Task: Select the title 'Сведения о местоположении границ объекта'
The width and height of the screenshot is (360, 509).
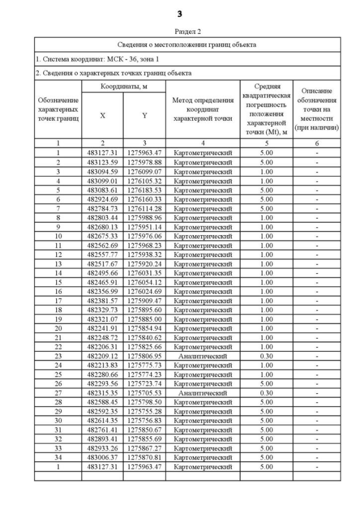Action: [x=187, y=44]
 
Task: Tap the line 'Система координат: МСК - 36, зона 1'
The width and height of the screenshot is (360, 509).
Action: [x=99, y=58]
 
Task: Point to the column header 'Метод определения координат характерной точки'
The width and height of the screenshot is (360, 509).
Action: [x=202, y=109]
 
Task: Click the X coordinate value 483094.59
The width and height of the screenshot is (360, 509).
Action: [x=102, y=171]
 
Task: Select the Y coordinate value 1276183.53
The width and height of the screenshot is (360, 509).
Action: [x=144, y=190]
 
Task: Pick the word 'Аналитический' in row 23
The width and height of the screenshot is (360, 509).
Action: [x=202, y=356]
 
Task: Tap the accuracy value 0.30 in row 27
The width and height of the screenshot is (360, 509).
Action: [x=266, y=393]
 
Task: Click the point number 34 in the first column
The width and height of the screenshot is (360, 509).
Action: [x=58, y=457]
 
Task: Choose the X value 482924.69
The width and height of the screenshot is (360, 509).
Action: [x=102, y=199]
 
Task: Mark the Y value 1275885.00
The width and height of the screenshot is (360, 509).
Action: [x=144, y=319]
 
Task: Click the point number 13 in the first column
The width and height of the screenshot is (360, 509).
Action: [x=58, y=264]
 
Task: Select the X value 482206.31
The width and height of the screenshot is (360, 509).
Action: [x=102, y=346]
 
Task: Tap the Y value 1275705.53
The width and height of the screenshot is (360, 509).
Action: [x=144, y=393]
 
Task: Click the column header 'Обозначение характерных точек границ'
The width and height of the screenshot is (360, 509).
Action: [x=58, y=109]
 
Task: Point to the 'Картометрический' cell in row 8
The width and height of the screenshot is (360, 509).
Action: [x=202, y=218]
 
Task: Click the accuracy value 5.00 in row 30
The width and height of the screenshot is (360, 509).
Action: [x=266, y=421]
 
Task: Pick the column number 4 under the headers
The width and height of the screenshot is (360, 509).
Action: [x=202, y=143]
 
